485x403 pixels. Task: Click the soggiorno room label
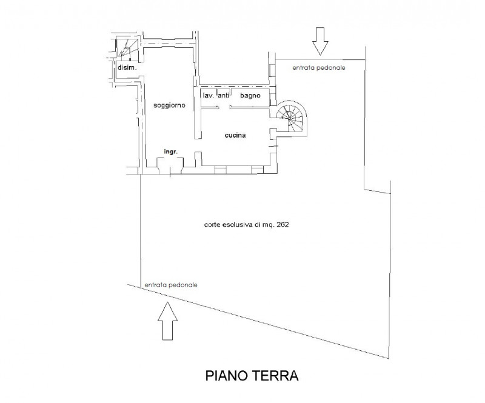tap(169, 105)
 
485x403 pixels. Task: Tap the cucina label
tap(235, 136)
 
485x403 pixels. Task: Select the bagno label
tap(250, 96)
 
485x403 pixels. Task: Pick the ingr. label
tap(170, 152)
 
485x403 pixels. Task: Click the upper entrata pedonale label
tap(319, 68)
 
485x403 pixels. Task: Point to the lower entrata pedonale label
tap(171, 285)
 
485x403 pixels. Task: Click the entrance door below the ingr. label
tap(170, 170)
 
